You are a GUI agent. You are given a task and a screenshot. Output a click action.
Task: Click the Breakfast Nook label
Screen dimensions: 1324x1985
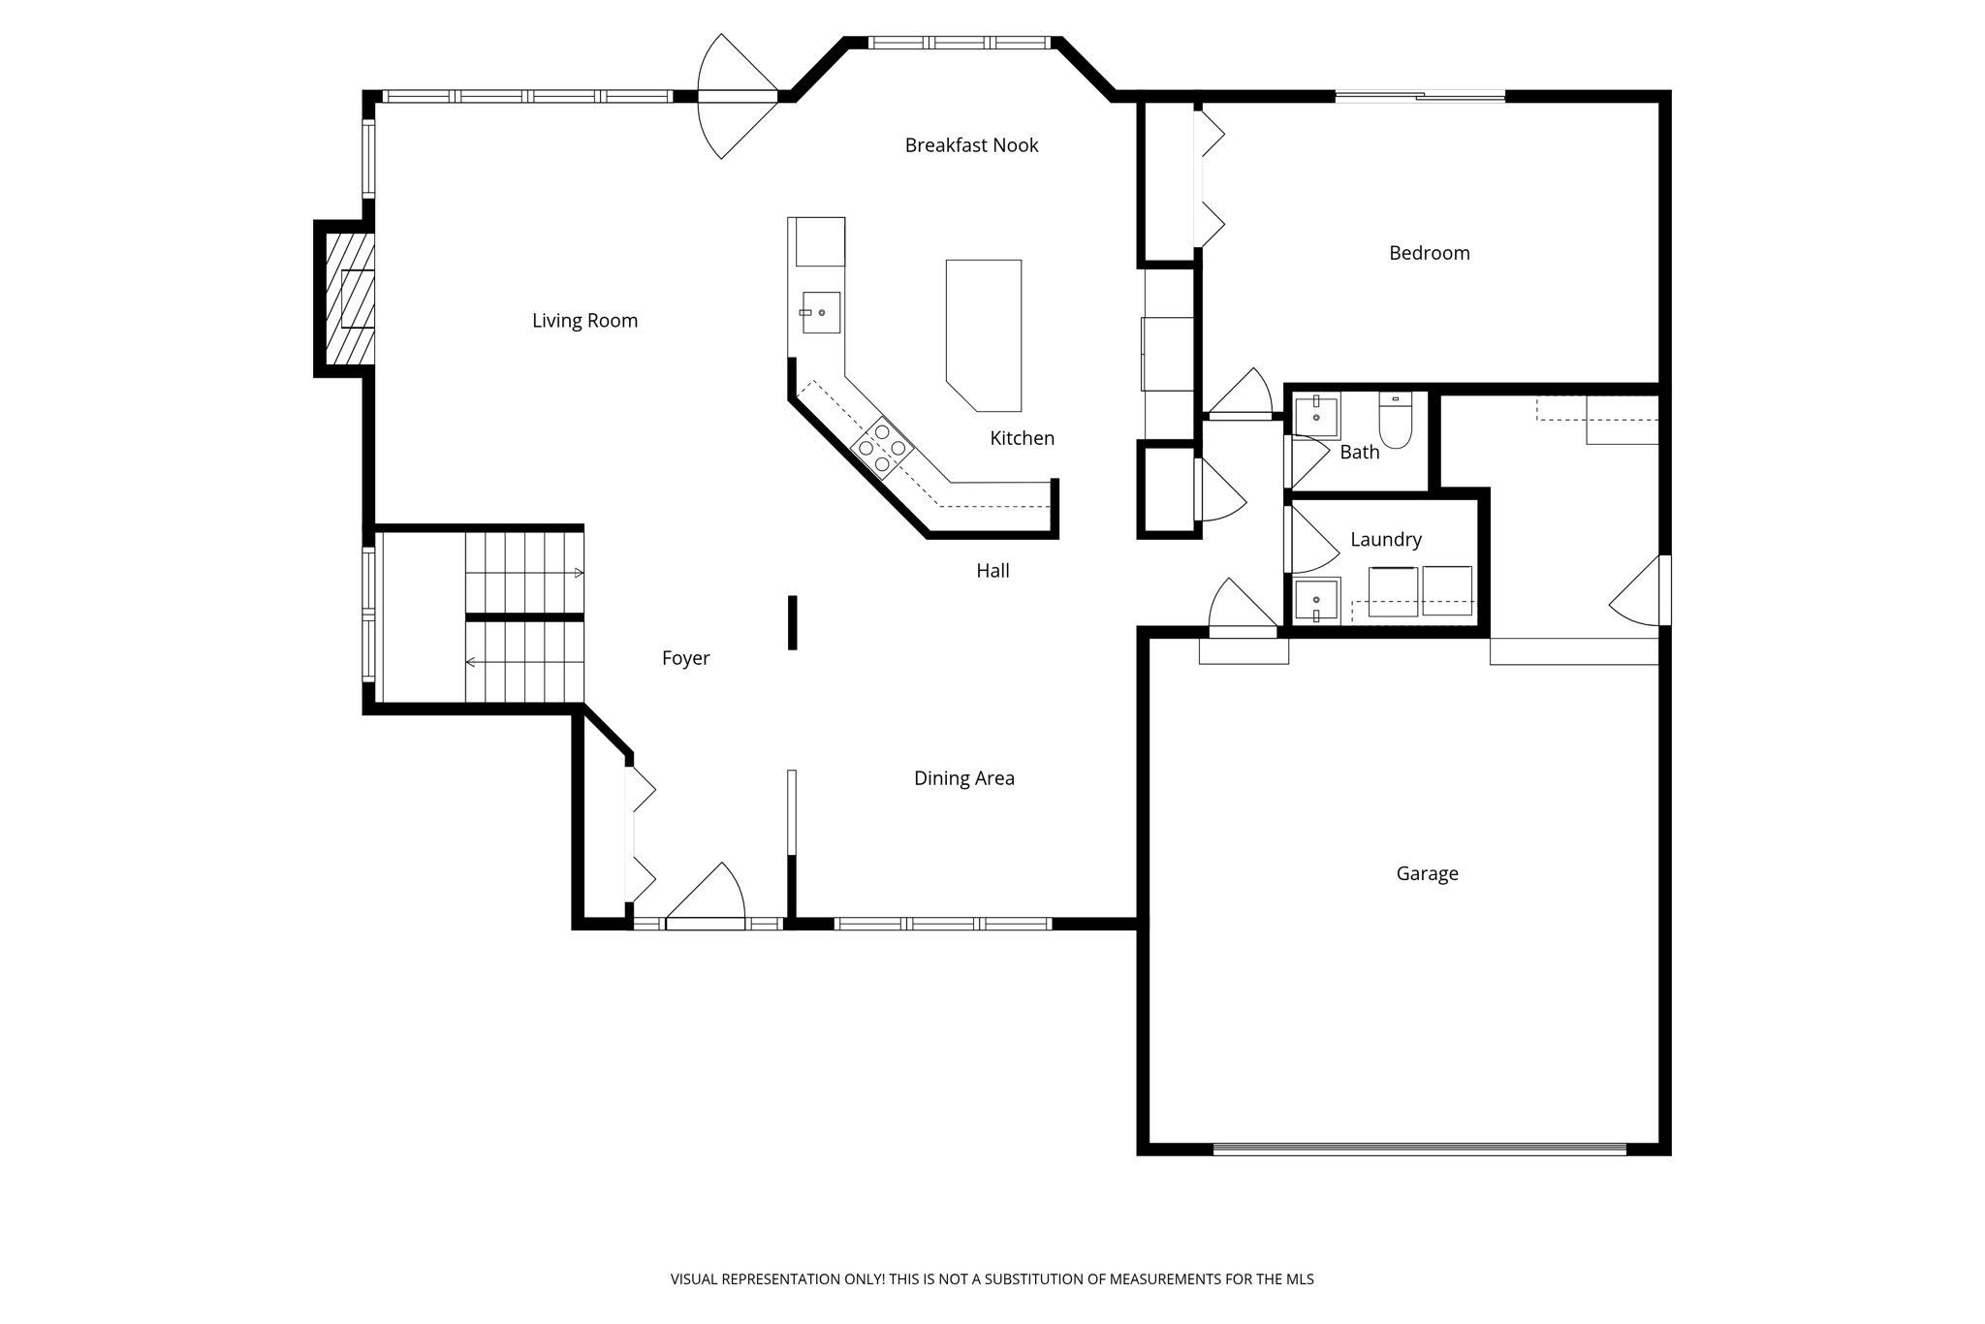[971, 145]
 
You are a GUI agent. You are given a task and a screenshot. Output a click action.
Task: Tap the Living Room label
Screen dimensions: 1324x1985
[584, 321]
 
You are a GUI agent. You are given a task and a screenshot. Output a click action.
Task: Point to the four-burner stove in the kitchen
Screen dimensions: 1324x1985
[882, 448]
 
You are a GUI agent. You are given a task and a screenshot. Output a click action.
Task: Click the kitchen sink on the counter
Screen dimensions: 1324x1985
[820, 312]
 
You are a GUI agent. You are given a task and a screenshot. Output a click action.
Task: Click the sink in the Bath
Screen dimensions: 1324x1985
[1316, 417]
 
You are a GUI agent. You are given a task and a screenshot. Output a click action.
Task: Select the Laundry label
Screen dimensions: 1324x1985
[1385, 540]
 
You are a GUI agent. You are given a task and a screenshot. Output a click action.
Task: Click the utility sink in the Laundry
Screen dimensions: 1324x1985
[1316, 600]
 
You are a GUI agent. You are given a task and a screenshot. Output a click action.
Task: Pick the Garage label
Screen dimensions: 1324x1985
[1427, 874]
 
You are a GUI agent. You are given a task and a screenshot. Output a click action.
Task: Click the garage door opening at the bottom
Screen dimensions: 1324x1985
[1419, 1150]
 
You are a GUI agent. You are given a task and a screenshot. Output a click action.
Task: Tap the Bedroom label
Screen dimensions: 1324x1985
[1429, 253]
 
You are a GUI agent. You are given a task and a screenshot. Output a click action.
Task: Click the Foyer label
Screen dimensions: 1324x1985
[685, 659]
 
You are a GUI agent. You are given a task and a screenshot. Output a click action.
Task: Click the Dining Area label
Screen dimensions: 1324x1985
[963, 778]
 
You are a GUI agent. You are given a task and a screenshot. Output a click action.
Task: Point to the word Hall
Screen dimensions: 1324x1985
[992, 571]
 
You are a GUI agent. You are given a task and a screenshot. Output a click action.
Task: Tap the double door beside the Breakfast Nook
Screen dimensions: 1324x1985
[737, 96]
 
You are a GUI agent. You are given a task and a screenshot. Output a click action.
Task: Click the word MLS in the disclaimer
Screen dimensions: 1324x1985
[1299, 1279]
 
